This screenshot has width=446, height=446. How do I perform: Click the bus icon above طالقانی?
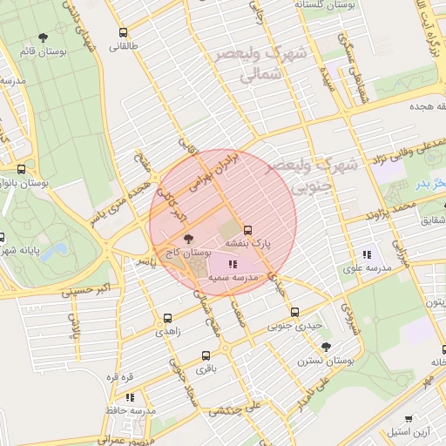pos(123,32)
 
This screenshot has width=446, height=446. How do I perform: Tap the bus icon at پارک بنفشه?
pos(248,231)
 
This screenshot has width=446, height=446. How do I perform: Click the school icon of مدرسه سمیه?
pos(232,263)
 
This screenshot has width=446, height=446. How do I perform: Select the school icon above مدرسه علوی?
pos(367,254)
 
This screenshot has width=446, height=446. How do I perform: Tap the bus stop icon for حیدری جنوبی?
pos(294,311)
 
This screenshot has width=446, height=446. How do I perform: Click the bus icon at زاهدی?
pos(167,318)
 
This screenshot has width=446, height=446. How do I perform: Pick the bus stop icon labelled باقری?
pos(206,355)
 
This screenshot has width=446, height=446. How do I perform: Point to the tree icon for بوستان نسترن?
pos(326,346)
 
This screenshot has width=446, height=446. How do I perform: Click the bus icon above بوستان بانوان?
pos(21,170)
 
